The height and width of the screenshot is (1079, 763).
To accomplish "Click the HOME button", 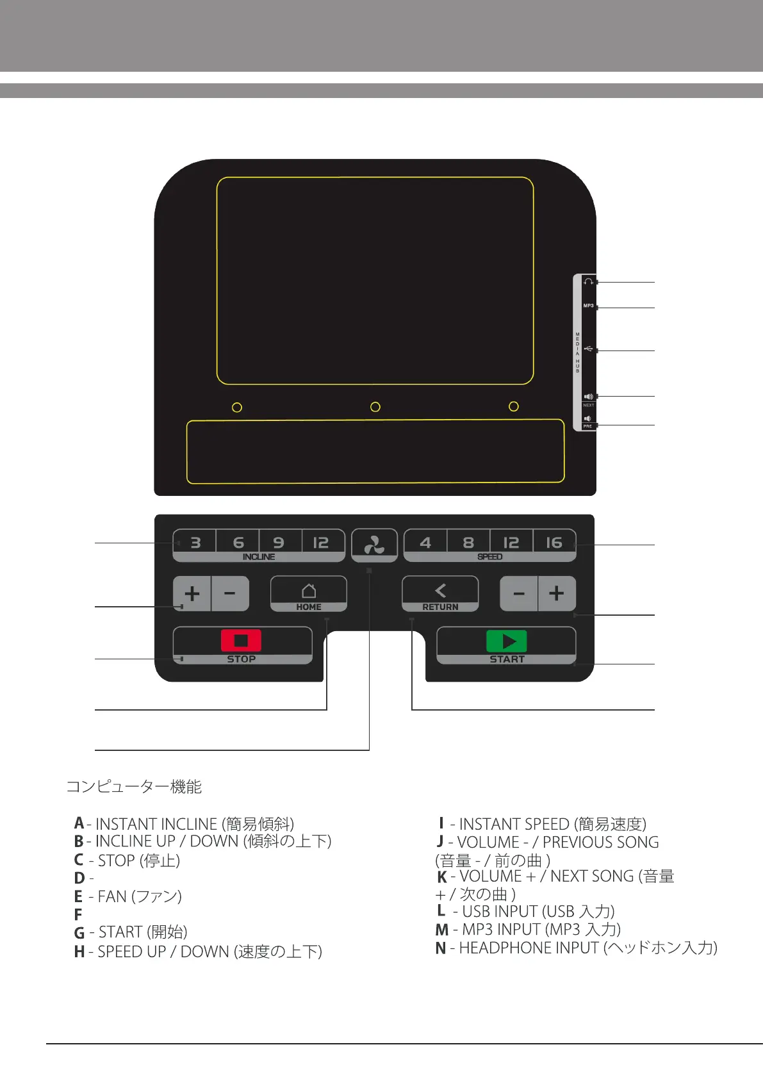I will (309, 594).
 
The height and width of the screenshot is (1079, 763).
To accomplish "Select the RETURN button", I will (440, 594).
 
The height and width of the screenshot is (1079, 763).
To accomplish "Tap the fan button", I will (374, 545).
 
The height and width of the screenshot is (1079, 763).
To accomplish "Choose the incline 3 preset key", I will (195, 543).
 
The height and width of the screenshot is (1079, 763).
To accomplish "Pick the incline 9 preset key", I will (279, 543).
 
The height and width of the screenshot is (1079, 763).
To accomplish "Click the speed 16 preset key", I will (554, 543).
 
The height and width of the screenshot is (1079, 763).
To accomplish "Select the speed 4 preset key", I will (425, 543).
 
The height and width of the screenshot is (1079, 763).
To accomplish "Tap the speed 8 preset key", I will (468, 543).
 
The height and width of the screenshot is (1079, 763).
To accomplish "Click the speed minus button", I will (519, 593).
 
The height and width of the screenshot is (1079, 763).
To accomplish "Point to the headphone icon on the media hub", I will (588, 282).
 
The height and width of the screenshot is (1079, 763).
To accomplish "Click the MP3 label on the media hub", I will (588, 306).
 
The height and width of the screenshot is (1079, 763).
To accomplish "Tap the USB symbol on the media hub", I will (588, 349).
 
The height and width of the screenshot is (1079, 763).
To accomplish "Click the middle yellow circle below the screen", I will (375, 407).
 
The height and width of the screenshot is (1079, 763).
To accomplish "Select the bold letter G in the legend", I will (79, 933).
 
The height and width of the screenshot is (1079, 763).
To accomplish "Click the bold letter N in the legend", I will (441, 948).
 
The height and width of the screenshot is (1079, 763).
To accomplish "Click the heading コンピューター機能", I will (134, 786).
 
